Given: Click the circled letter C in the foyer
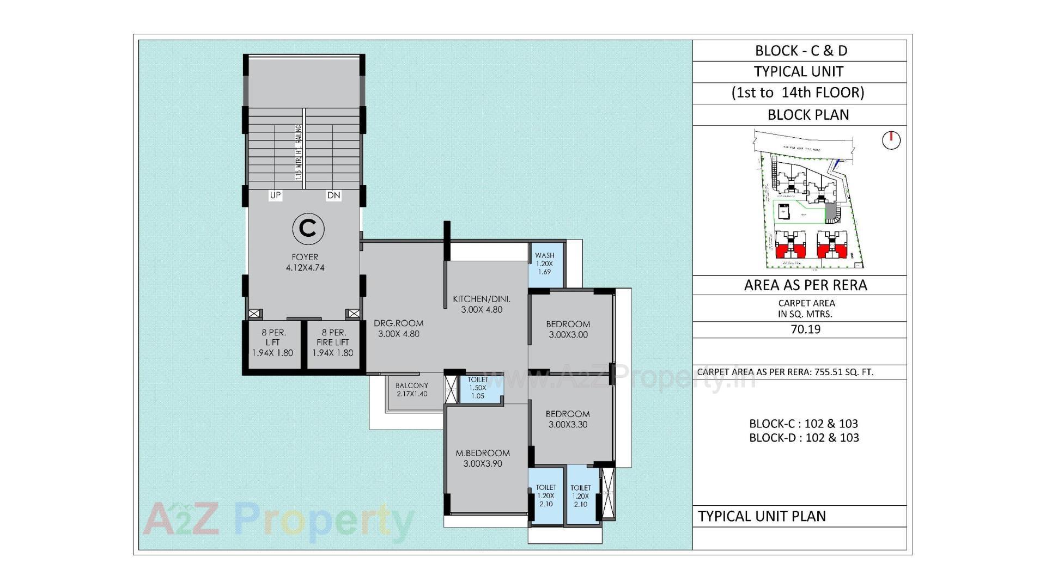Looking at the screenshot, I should tap(308, 229).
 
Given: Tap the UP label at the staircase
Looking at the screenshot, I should tap(276, 195).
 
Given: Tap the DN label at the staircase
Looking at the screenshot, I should tap(333, 195).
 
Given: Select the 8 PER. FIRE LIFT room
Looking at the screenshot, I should tap(332, 342).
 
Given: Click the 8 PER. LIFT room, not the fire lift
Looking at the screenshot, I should tap(273, 342).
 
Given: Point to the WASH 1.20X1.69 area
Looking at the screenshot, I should tap(544, 264).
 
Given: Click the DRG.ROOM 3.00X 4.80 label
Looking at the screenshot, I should tap(399, 328).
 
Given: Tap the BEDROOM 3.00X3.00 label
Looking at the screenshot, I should tap(568, 329).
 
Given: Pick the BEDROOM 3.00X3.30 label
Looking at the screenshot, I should tap(568, 419).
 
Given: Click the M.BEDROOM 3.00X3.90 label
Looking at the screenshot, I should tap(483, 458).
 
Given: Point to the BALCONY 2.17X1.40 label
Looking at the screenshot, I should tap(412, 389).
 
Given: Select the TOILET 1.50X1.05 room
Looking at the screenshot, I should tap(478, 388).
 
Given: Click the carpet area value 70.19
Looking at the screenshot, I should tap(805, 329).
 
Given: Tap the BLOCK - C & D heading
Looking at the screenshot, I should tap(801, 51).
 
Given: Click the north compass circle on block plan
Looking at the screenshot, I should tap(891, 140).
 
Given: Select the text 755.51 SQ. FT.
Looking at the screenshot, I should tap(844, 372).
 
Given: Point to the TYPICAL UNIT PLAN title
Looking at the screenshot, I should tap(762, 516).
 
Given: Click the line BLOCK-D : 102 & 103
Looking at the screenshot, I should tap(804, 438).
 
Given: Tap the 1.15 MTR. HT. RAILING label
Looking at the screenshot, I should tap(298, 152).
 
